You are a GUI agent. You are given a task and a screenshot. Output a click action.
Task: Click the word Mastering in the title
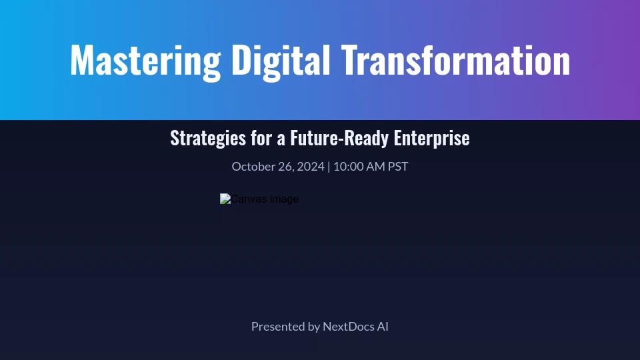[146, 61]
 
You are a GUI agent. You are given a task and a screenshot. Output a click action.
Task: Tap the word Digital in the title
[281, 61]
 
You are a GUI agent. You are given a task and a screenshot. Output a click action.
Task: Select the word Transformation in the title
[455, 60]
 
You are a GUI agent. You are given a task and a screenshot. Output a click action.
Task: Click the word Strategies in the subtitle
[208, 138]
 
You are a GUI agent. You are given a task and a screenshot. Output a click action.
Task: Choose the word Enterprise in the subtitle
[432, 138]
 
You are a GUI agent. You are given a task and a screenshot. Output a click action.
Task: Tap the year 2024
[311, 167]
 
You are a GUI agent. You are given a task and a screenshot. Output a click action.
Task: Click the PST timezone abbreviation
[398, 167]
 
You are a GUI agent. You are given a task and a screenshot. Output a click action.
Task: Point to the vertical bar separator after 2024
[329, 167]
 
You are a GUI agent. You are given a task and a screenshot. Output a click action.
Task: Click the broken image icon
[225, 199]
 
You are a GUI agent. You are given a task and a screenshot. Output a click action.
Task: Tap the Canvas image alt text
[265, 199]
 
